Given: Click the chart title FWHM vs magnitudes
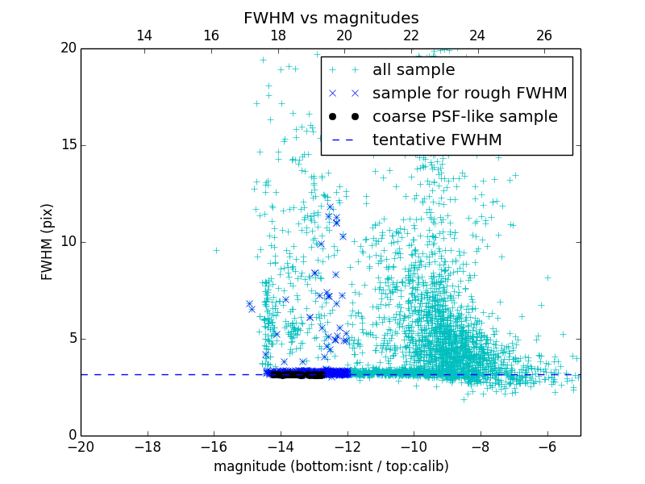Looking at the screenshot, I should point(331,18).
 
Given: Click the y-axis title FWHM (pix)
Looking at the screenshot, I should point(48,241).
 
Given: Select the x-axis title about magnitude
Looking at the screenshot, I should point(331,466).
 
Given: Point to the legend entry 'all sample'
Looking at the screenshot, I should point(414,70).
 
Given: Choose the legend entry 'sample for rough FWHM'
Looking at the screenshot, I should point(469,94).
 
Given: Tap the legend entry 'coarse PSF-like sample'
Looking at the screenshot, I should point(464,117).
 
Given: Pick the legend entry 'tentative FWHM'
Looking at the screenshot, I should point(437,140).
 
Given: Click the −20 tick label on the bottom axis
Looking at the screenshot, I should point(81,447).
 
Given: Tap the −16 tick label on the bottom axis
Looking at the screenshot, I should point(214,447).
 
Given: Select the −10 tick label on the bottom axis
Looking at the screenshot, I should point(414,447).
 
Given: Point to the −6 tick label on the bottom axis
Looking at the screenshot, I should point(547,447).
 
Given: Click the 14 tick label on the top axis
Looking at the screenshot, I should point(144,35).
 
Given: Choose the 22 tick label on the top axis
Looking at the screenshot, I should point(411,35).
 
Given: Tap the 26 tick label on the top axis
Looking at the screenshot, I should point(544,35).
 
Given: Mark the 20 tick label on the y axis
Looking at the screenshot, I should point(68,48).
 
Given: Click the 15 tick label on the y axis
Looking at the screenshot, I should point(68,145).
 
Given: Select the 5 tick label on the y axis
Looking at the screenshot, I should point(71,339).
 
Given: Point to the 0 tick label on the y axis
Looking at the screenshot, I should point(71,436).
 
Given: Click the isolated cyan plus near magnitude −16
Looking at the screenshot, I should point(216,250).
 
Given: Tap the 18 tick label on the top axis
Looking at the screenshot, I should point(278,35).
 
